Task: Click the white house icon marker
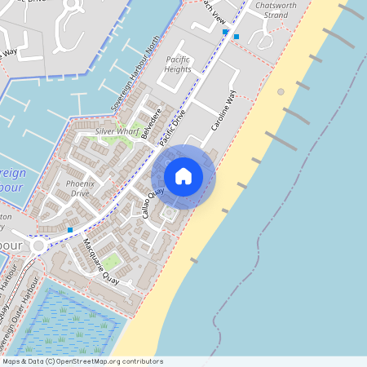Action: coord(183,176)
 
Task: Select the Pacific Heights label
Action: coord(178,64)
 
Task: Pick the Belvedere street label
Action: coord(151,123)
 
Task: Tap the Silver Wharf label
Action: coord(116,130)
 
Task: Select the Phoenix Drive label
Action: coord(80,188)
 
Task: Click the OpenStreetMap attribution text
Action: coord(82,361)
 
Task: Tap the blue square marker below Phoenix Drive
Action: coord(70,230)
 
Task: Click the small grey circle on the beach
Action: coord(281,91)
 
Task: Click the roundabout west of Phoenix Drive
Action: coord(38,245)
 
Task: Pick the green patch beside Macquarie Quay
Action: coord(112,261)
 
